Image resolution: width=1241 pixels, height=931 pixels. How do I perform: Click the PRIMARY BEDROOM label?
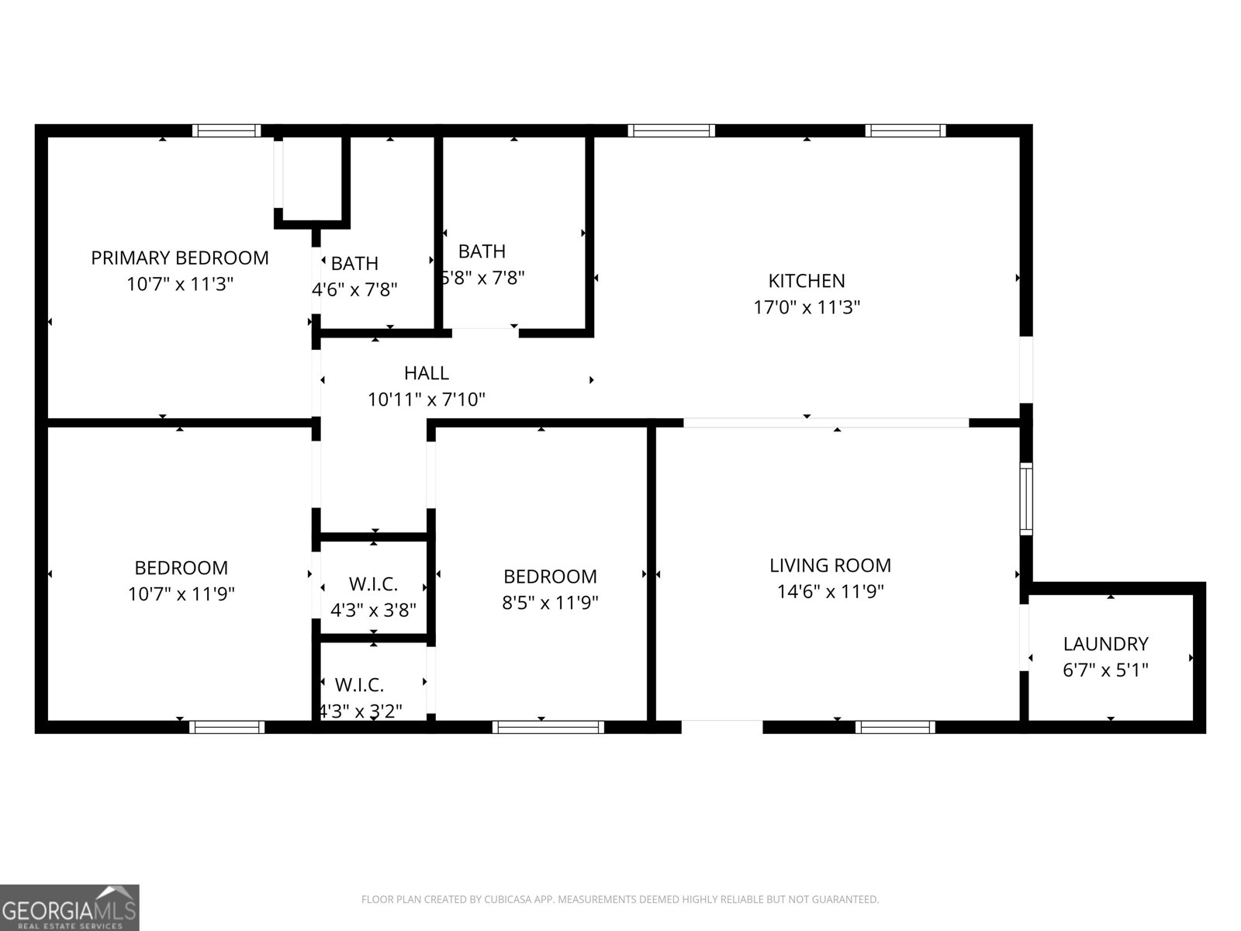(180, 258)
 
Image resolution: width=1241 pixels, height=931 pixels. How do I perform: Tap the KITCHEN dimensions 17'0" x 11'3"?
(807, 307)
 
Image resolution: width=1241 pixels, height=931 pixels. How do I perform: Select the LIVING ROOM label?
(830, 565)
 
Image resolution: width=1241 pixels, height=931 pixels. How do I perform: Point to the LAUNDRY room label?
(1105, 643)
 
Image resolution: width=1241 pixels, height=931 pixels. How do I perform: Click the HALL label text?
(427, 373)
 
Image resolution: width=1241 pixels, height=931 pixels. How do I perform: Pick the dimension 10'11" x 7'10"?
(427, 400)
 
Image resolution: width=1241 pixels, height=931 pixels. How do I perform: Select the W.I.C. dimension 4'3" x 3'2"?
(361, 711)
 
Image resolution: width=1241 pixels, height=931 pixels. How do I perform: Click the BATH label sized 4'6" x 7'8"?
(354, 264)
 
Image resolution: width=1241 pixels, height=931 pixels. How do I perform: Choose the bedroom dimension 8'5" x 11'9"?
(550, 602)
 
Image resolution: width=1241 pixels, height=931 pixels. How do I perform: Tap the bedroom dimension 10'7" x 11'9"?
(181, 594)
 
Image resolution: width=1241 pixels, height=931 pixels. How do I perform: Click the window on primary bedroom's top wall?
(226, 130)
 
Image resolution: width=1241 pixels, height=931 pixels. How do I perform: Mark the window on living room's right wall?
(1025, 498)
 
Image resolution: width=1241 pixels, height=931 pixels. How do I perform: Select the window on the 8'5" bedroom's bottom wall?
(548, 727)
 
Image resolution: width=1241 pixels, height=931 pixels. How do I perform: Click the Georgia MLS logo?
(70, 908)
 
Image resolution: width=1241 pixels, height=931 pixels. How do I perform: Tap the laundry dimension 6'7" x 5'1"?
(1105, 670)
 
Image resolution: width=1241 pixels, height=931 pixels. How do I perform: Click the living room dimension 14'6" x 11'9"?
(830, 592)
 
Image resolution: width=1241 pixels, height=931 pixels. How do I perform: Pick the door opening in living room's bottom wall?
(721, 726)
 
